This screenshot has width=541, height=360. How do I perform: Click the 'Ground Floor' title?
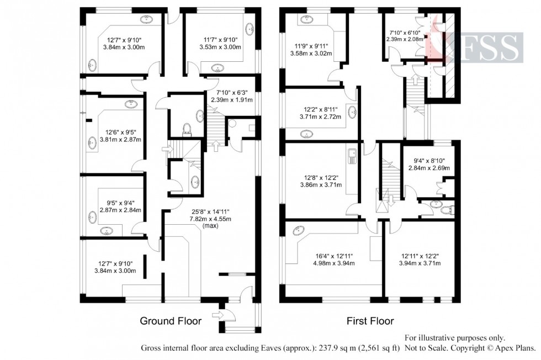click(170, 321)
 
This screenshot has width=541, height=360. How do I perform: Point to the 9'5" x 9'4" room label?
click(120, 206)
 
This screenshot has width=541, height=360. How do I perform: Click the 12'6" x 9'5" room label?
click(120, 136)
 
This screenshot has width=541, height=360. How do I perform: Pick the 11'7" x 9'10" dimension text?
click(220, 44)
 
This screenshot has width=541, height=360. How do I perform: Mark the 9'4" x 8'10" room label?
click(427, 164)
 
